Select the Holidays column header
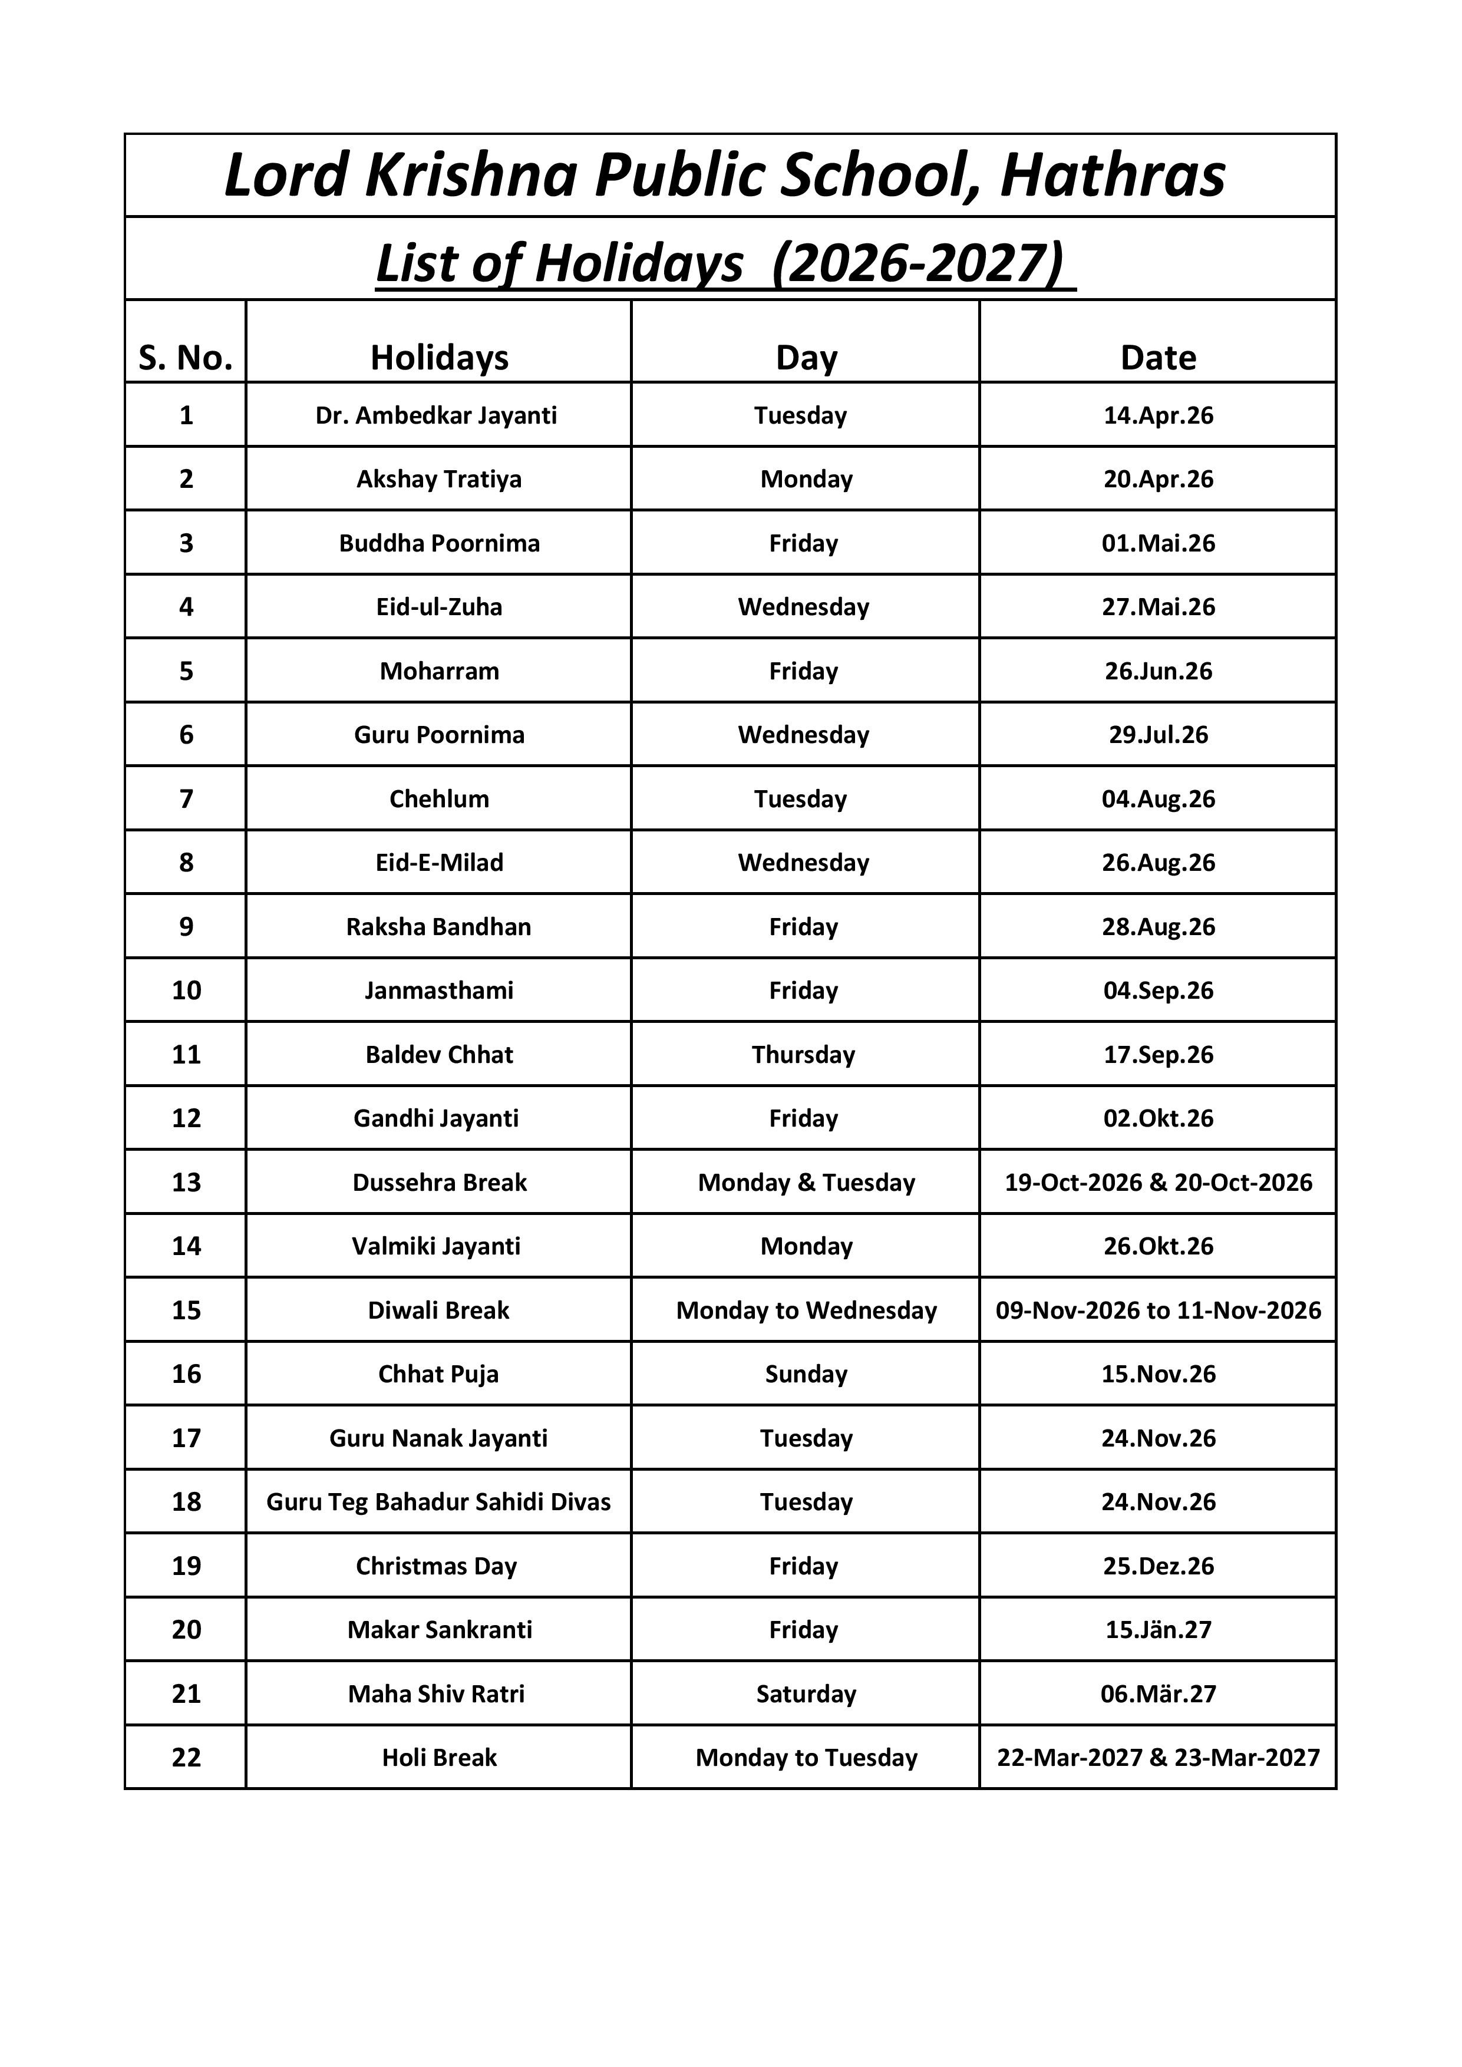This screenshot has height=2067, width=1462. coord(440,358)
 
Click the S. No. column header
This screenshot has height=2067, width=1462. coord(186,358)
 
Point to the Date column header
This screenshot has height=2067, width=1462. coord(1158,358)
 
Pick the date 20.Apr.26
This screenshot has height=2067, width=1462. coord(1158,479)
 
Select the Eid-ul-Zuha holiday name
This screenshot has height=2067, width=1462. coord(440,607)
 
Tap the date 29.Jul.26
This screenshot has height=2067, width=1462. coord(1158,735)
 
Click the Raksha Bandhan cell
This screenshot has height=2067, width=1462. coord(440,926)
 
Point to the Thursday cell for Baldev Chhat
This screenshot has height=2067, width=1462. coord(803,1054)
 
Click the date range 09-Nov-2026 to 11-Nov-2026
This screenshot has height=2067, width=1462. coord(1158,1310)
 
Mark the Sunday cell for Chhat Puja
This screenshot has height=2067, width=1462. coord(806,1374)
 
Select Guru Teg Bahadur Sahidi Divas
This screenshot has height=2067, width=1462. coord(438,1501)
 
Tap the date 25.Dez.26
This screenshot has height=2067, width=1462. coord(1158,1566)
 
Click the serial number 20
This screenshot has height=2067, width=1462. coord(186,1629)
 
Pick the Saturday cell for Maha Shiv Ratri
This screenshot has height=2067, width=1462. coord(806,1693)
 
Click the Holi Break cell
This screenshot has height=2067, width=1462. coord(440,1757)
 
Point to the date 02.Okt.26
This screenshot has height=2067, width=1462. coord(1158,1118)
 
